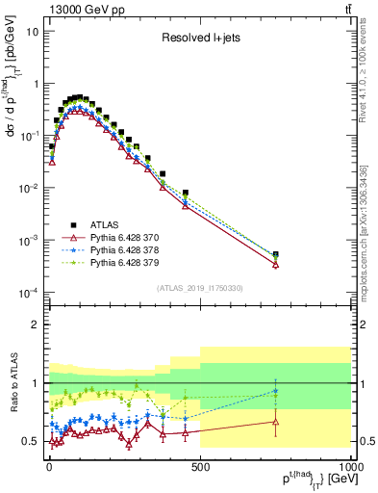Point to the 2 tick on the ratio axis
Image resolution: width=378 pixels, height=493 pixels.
click(x=35, y=324)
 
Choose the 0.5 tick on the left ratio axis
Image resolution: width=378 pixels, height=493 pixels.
click(x=29, y=441)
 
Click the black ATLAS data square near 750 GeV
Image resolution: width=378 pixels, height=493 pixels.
click(x=275, y=255)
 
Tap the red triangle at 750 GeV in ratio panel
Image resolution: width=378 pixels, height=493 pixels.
click(x=275, y=421)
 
